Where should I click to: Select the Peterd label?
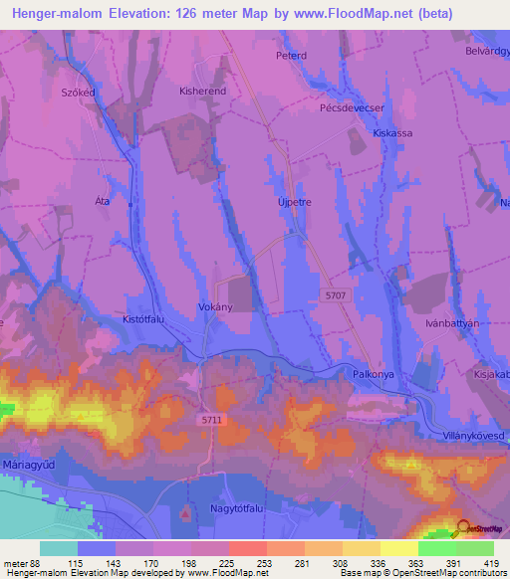[291, 56]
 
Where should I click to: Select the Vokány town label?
[215, 307]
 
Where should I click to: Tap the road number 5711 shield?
[211, 420]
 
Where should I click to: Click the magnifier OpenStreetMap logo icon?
[462, 529]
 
